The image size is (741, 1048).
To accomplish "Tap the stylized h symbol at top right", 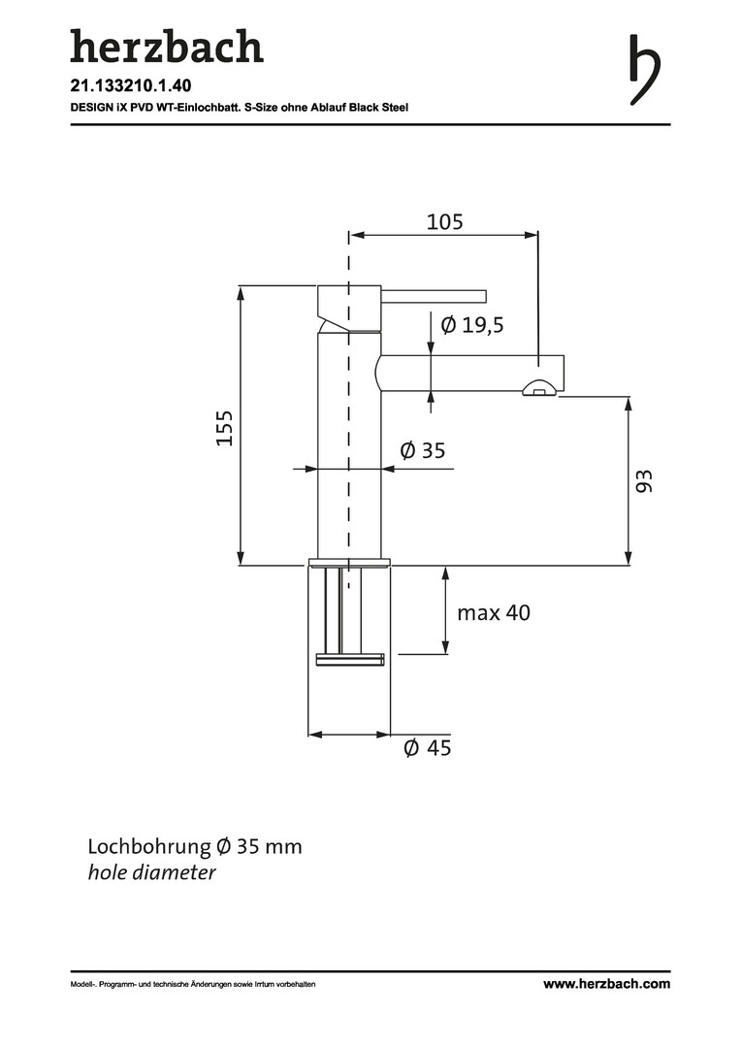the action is (644, 70).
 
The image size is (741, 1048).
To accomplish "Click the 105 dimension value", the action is (444, 222).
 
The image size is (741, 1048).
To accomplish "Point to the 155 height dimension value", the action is (224, 428).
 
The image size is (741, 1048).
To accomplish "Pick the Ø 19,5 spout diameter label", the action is (472, 325).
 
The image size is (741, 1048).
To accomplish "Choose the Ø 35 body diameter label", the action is (422, 450).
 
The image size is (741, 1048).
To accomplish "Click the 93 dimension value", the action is (643, 481).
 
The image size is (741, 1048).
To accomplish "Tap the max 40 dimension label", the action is (494, 612).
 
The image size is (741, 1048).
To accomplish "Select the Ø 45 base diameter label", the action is (428, 747).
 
